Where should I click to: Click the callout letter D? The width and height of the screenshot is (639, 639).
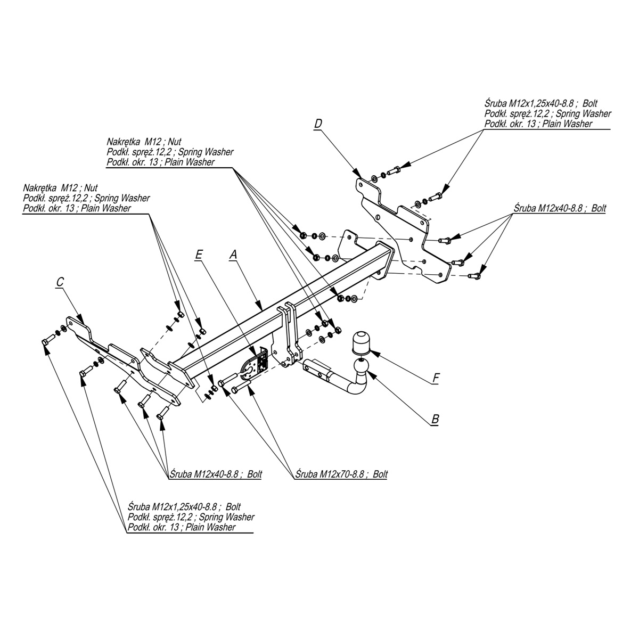click(318, 124)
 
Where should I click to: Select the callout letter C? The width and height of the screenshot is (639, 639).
click(60, 282)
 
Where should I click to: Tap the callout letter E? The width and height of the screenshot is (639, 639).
click(199, 255)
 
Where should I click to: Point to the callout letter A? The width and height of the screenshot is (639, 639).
click(233, 255)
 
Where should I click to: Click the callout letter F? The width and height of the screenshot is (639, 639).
click(436, 378)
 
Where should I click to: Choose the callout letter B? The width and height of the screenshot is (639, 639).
click(435, 419)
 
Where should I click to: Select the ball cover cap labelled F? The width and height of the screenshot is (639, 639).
click(361, 342)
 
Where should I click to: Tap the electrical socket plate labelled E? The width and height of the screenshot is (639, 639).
click(255, 366)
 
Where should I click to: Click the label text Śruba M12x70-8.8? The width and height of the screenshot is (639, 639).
click(330, 474)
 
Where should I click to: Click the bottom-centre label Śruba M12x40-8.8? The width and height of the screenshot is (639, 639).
click(204, 474)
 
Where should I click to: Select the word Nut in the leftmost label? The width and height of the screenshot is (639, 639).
click(91, 187)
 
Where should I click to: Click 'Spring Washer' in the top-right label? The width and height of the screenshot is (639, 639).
click(583, 113)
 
